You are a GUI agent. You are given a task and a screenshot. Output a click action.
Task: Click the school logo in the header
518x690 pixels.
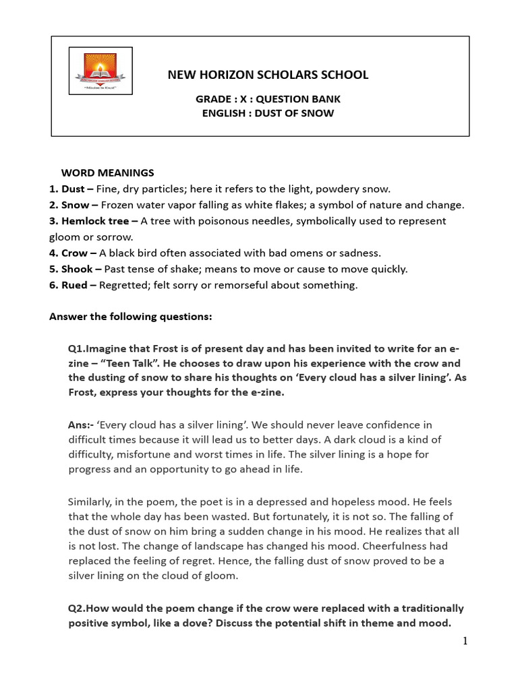click(x=100, y=70)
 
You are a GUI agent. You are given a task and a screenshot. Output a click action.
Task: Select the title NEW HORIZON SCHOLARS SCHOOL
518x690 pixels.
click(x=268, y=75)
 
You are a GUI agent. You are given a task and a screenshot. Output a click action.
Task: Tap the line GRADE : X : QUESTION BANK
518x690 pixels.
click(x=268, y=99)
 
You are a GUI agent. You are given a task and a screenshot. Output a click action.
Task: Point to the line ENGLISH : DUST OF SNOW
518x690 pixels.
click(x=268, y=113)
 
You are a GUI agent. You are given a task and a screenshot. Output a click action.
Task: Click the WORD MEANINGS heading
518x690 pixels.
click(x=108, y=172)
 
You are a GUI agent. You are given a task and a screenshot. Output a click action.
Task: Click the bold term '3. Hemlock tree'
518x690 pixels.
click(x=88, y=221)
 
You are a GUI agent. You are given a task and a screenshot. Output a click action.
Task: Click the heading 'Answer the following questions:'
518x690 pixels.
click(x=131, y=316)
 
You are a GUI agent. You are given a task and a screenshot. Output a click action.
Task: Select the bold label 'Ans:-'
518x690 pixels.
click(x=80, y=425)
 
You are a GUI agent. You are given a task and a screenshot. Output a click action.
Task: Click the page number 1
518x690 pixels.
click(x=465, y=641)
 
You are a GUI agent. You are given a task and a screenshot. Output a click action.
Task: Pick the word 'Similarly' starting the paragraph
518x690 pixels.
click(x=91, y=501)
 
